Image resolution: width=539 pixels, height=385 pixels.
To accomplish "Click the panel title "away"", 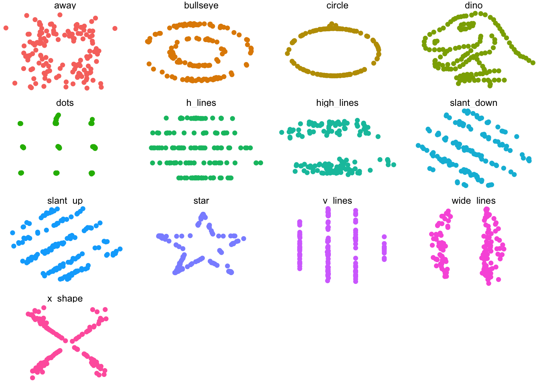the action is pos(65,5).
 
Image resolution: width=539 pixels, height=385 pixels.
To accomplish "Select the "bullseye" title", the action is pos(201,5).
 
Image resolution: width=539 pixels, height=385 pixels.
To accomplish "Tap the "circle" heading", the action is pos(337,5).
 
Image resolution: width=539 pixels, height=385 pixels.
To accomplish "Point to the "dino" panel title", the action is pos(474,5).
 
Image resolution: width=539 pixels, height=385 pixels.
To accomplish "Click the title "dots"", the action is pos(65,103).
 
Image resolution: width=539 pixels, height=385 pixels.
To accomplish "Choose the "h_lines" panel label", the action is pos(201,103).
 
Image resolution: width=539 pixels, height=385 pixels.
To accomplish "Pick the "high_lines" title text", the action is pos(337,103).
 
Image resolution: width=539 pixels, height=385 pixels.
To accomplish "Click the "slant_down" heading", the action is pos(474,103).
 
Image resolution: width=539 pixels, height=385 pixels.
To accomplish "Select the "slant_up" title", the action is pos(65,201).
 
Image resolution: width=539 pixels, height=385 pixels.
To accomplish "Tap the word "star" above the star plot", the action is pos(201,201).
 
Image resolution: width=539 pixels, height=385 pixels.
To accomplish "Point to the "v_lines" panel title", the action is pos(337,201).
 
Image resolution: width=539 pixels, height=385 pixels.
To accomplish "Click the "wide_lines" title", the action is pos(474,201).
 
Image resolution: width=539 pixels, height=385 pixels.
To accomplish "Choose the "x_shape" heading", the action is pos(65,298).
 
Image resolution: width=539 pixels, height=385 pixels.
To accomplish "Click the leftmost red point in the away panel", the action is pos(6,28).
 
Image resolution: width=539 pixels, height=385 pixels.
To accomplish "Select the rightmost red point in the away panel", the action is pos(115,28).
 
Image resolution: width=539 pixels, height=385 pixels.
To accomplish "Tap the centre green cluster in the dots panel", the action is pos(59,147).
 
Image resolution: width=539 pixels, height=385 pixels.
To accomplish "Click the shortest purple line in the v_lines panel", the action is pos(384,248).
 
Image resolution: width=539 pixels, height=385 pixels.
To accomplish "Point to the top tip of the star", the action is pos(203,214).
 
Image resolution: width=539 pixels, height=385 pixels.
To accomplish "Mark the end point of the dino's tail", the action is pos(533,63).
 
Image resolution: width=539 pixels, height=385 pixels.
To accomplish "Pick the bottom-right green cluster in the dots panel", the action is pos(92,173).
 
